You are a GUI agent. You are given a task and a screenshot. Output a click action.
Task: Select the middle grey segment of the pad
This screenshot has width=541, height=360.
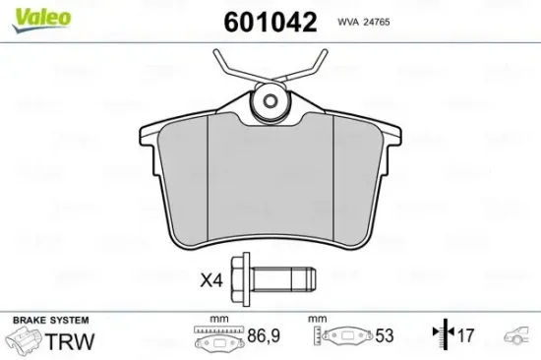coord(270,187)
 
